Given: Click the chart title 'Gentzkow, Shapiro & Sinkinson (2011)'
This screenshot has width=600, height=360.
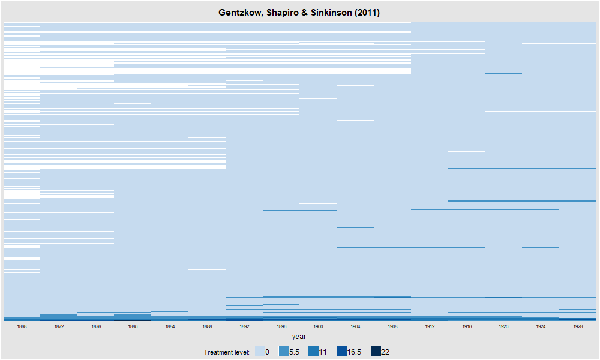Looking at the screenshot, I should tap(299, 13).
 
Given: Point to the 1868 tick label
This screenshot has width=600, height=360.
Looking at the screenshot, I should tap(22, 327).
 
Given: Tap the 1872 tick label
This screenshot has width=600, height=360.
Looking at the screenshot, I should tap(59, 327).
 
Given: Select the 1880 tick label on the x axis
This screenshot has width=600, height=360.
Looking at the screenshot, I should tap(133, 327).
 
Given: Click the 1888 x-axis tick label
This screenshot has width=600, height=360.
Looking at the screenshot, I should tap(207, 327).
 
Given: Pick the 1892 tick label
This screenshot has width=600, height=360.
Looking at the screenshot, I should tap(244, 327).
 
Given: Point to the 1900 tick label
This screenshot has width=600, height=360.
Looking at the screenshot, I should tap(318, 327).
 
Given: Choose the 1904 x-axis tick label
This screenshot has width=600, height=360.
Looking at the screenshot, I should tap(355, 327).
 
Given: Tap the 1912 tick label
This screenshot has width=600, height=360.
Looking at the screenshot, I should tap(430, 327).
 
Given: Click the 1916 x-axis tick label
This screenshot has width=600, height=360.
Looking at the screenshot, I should tap(466, 327).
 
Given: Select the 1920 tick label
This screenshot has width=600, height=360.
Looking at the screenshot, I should tap(503, 327).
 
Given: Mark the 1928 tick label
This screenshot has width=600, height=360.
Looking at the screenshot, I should tap(578, 327).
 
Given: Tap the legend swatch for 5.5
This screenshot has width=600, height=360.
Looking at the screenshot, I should tap(283, 352).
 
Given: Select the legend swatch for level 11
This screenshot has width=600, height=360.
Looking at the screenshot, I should tap(314, 352).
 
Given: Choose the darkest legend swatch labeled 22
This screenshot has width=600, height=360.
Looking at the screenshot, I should tap(375, 352).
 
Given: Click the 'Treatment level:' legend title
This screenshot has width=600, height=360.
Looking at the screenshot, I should tap(227, 352).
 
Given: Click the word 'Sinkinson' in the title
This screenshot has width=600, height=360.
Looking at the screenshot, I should tap(335, 13).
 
